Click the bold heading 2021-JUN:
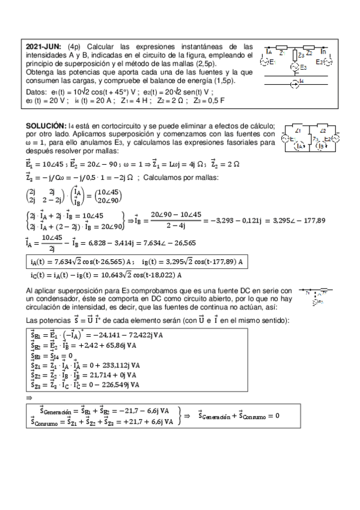coord(45,46)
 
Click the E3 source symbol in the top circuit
coord(294,67)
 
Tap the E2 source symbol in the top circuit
coord(327,61)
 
